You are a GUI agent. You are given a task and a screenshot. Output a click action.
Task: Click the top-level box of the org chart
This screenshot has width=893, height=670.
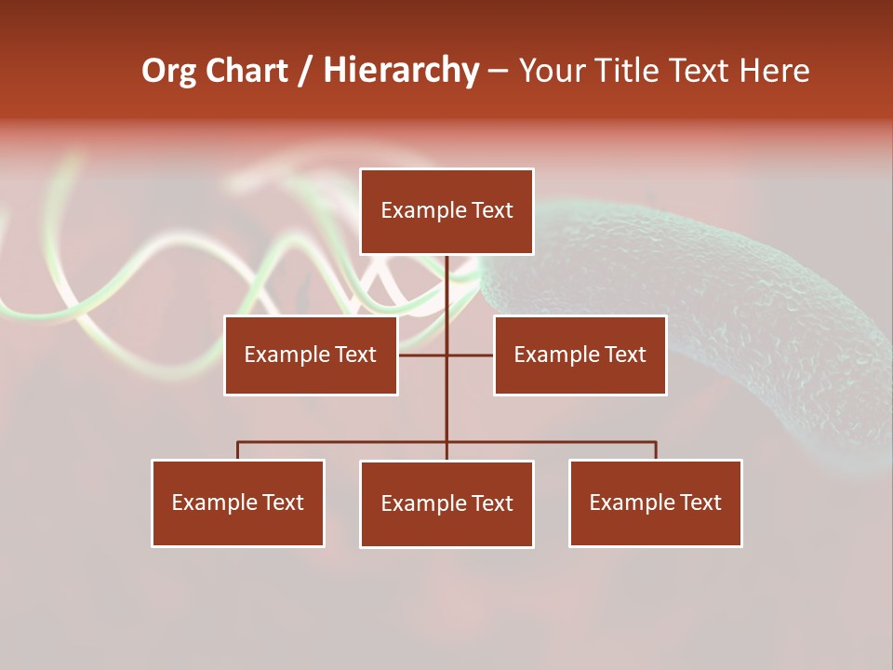point(446,211)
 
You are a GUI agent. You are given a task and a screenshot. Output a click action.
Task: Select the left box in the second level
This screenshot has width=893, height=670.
point(311,355)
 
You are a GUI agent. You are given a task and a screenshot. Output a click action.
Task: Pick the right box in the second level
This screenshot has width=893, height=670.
point(580,355)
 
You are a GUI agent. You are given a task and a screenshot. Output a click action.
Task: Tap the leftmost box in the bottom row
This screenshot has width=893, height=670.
point(237,503)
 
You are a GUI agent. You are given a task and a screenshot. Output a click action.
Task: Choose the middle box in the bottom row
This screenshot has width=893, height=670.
point(446,504)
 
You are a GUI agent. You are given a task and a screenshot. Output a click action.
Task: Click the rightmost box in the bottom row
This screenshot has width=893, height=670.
point(655,503)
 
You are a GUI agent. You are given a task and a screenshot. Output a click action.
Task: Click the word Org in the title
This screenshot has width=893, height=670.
point(168,71)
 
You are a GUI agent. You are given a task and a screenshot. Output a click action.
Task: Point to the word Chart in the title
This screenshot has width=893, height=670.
point(247,71)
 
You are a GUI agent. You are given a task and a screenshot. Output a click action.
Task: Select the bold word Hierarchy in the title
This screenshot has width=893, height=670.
point(401,71)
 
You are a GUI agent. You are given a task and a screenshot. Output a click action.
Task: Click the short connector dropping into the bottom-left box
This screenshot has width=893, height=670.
point(237,450)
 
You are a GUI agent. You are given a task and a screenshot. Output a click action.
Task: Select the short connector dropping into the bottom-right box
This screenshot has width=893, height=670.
point(656,450)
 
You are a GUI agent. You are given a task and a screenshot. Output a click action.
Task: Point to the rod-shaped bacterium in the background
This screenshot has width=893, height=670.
point(744,307)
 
